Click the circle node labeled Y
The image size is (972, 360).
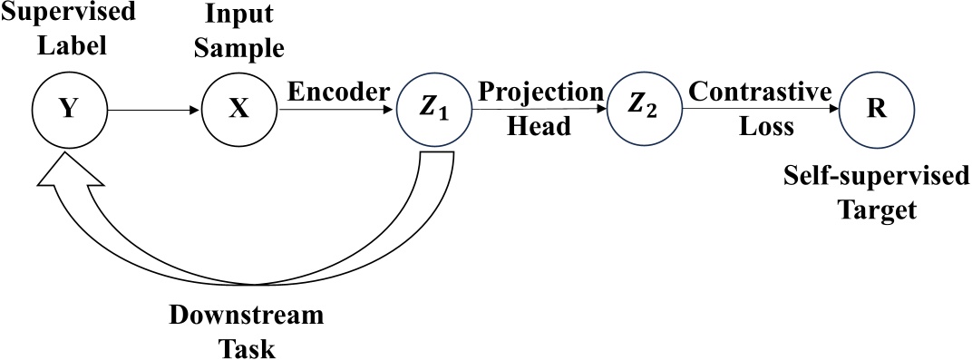(x=68, y=110)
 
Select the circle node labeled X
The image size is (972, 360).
(x=238, y=110)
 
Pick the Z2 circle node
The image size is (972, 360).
(x=644, y=110)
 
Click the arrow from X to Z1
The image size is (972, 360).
(x=335, y=111)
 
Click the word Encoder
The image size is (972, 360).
(x=338, y=92)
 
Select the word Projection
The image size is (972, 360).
(x=541, y=92)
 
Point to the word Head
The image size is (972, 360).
(x=539, y=127)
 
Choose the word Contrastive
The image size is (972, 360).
(x=760, y=92)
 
